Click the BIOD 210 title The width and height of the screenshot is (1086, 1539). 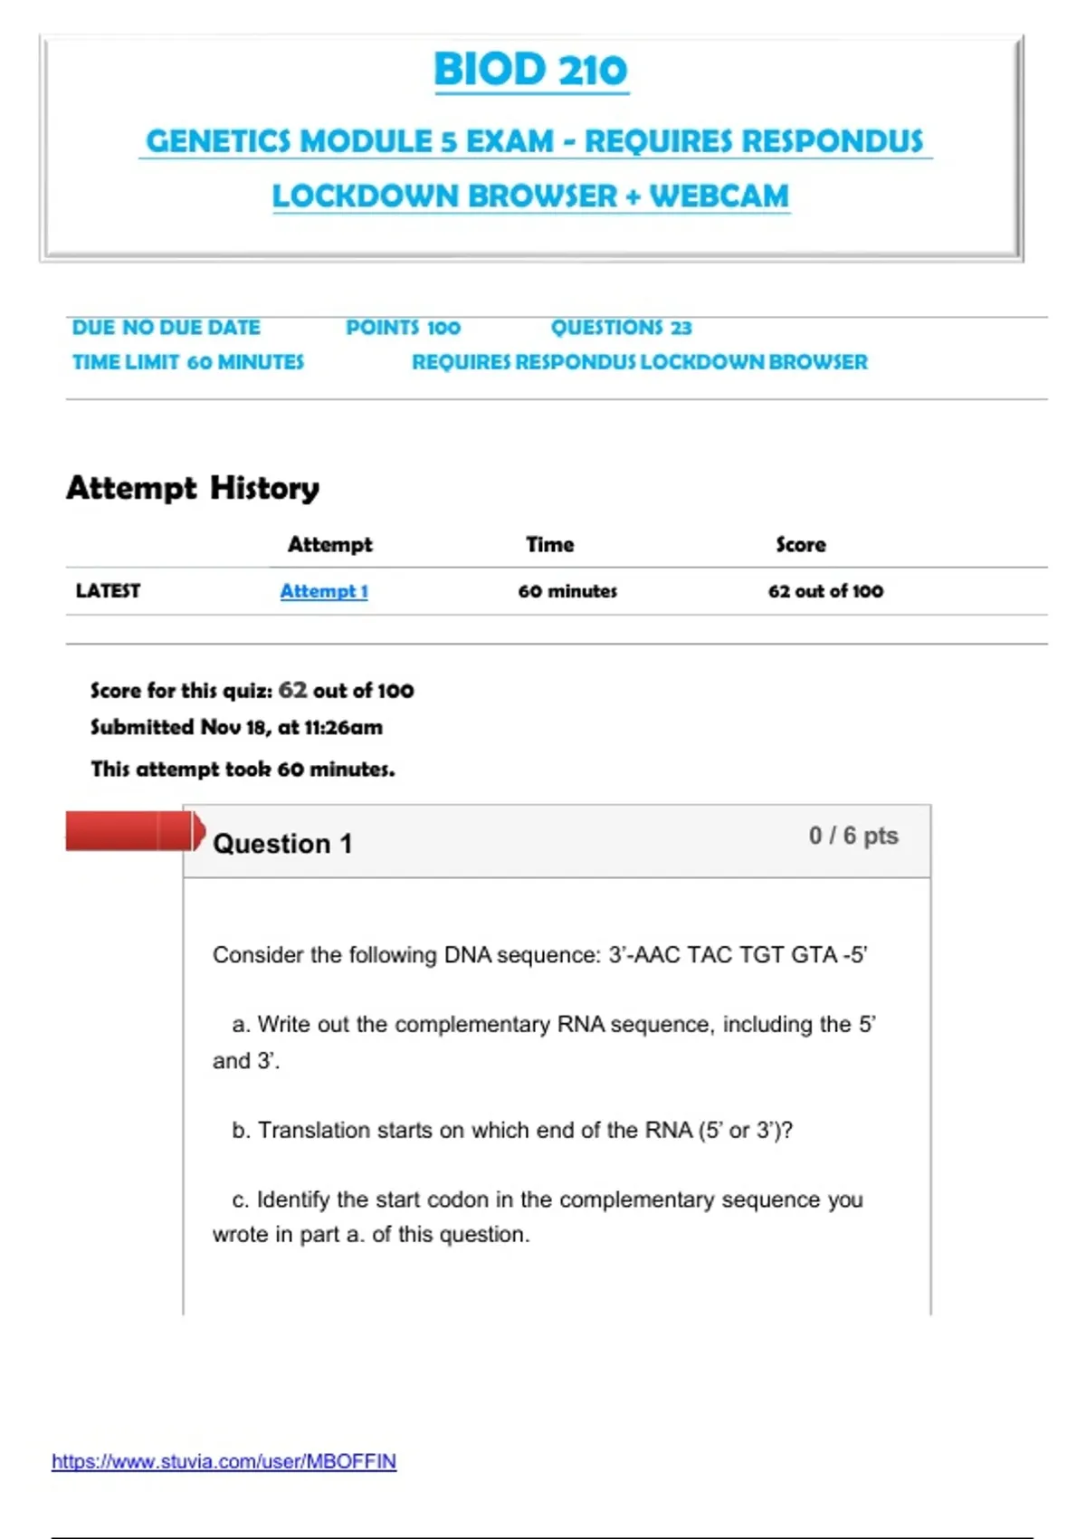point(530,70)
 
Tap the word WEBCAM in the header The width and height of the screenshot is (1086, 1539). point(719,196)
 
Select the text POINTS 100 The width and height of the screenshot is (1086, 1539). point(403,328)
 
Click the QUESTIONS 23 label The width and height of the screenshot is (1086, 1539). point(621,328)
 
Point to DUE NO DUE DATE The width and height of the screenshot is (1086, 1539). point(167,328)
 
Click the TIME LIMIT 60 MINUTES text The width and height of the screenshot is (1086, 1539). point(188,362)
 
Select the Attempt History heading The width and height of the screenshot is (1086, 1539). point(193,488)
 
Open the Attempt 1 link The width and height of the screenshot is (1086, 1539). point(324,591)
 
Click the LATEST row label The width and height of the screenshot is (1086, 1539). point(108,591)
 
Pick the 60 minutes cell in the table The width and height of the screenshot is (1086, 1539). point(567,591)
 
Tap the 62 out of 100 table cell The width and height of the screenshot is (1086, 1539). point(825,591)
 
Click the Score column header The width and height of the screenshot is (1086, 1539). point(801,545)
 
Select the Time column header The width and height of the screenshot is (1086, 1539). point(550,545)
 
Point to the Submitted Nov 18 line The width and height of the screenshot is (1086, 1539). point(236,728)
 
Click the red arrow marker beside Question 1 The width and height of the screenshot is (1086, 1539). point(134,831)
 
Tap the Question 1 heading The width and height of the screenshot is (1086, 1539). point(282,844)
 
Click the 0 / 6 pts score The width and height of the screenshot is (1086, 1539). point(853,836)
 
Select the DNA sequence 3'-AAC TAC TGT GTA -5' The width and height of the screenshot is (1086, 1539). point(738,955)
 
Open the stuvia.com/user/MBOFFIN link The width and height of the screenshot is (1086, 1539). point(224,1461)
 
